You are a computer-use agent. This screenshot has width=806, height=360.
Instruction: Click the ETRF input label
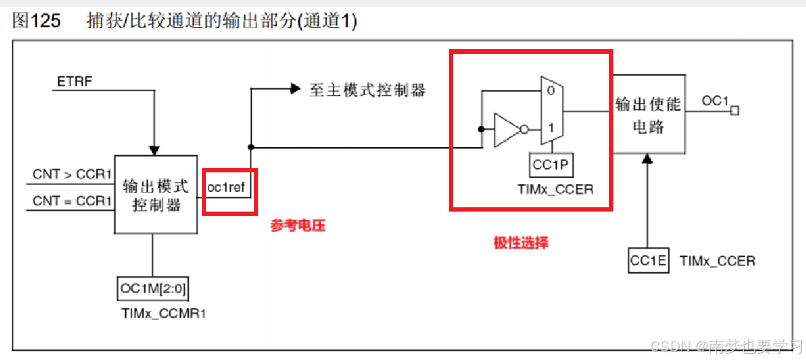click(74, 82)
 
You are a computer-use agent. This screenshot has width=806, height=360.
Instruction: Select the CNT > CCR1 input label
click(72, 175)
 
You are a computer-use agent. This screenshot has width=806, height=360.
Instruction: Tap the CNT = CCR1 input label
click(72, 201)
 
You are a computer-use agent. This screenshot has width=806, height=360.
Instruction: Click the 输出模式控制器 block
click(156, 194)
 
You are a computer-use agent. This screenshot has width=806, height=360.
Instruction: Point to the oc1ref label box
click(229, 188)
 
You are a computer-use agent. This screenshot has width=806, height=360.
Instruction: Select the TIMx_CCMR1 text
click(164, 314)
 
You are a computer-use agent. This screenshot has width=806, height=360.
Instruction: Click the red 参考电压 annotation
click(297, 226)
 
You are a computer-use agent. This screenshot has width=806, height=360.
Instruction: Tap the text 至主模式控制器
click(367, 90)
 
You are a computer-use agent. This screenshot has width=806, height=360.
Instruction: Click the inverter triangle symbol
click(507, 129)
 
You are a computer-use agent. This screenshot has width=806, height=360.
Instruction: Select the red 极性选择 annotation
click(521, 243)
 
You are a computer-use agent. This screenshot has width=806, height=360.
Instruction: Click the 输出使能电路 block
click(648, 115)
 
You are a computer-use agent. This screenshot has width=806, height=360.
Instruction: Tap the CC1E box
click(648, 261)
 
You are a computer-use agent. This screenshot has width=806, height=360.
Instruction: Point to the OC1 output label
click(715, 101)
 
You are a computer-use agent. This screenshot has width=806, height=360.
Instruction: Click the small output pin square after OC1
click(735, 110)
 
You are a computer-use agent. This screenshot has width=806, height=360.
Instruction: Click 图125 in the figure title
click(37, 21)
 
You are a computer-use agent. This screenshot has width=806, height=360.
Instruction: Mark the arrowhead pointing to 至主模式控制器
click(294, 90)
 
